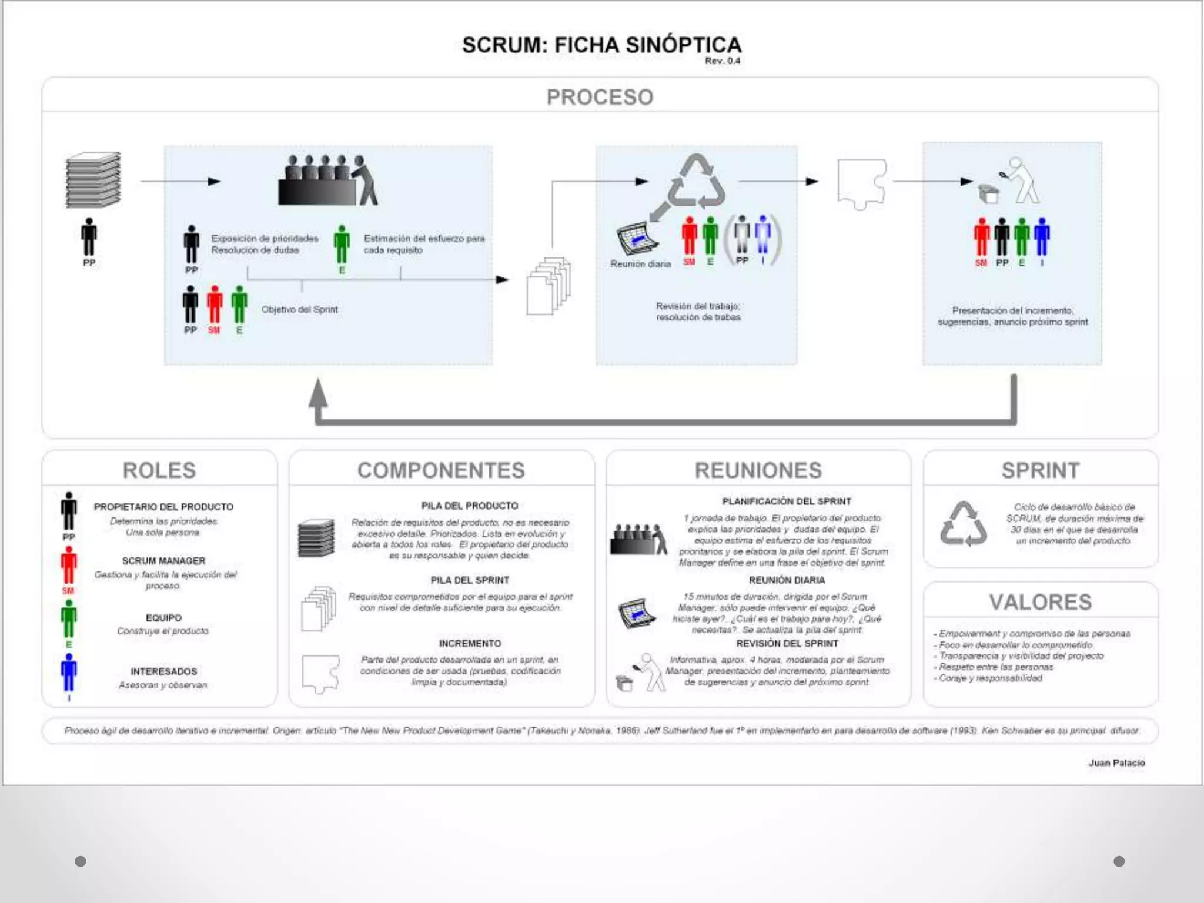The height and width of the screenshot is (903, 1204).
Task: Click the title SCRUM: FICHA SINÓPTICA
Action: point(601,45)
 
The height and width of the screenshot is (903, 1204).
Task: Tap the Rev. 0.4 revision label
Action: point(723,61)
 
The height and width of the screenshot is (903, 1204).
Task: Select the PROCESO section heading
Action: point(600,97)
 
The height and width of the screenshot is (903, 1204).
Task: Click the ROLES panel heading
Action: point(159,470)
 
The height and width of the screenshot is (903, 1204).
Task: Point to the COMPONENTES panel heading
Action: point(441,470)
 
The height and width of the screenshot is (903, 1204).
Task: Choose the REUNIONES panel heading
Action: point(758,470)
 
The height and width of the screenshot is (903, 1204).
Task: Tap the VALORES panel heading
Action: point(1040,602)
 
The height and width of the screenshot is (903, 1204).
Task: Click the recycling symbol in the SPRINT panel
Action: point(963,523)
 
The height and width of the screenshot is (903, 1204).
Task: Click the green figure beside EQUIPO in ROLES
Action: point(69,620)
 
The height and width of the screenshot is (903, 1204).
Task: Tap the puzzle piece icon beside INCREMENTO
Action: point(320,673)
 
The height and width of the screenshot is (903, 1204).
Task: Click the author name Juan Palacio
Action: point(1116,762)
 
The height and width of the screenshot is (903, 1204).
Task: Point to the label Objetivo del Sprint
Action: point(299,309)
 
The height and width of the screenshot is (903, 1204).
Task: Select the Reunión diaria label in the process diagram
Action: point(640,264)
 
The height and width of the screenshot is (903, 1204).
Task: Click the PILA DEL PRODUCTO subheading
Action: point(470,506)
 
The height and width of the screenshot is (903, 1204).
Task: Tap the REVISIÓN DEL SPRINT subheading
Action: point(787,643)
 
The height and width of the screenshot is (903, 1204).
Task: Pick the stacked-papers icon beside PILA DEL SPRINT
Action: point(318,608)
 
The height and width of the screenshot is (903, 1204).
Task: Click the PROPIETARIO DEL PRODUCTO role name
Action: point(163,507)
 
